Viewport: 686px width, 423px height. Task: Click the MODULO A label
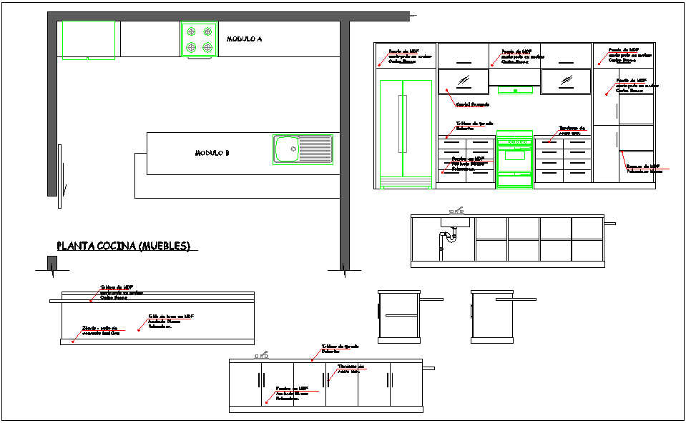tap(244, 39)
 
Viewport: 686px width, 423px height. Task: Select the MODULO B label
tap(212, 153)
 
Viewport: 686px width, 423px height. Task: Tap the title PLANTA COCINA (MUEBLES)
tap(123, 247)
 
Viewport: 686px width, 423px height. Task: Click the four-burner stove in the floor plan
tap(199, 39)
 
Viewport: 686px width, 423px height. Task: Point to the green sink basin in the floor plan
tap(286, 150)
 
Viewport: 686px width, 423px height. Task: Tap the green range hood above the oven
tap(514, 89)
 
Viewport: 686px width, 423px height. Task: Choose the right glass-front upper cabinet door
tap(566, 81)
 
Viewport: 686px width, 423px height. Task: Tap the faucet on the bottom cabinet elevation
tap(263, 355)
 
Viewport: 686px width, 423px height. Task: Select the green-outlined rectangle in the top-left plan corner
tap(89, 39)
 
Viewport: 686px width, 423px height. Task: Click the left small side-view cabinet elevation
tap(398, 314)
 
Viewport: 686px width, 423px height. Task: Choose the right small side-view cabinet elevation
tap(491, 314)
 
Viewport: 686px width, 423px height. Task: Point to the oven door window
tap(514, 155)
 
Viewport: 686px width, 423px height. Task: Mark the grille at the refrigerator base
tap(406, 187)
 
